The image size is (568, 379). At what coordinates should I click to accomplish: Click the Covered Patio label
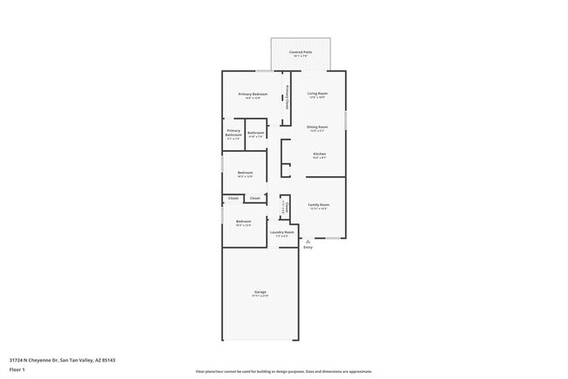coord(301,52)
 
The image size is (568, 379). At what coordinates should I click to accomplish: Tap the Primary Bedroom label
coord(253,93)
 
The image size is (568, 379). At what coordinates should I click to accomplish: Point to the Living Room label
coord(316,93)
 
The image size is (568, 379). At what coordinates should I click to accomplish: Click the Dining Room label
coord(317,127)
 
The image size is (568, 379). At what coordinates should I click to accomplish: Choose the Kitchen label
coord(319,154)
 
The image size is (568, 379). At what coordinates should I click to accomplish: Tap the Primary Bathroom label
coord(233,134)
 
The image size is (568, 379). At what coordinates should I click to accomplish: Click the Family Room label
coord(318,205)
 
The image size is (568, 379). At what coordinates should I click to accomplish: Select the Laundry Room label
coord(281,232)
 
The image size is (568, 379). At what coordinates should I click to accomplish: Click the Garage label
coord(260,292)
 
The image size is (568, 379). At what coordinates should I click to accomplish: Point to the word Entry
coord(308,248)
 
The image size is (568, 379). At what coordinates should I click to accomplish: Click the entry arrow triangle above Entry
coord(308,241)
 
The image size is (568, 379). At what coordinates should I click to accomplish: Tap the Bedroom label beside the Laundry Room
coord(244,221)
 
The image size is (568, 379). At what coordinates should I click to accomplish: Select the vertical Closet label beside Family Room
coord(285,207)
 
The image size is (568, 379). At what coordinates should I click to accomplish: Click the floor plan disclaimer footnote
coord(284,370)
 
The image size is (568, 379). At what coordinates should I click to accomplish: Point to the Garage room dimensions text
coord(260,296)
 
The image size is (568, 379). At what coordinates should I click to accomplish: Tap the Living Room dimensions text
coord(316,98)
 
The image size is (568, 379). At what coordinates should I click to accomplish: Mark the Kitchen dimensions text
coord(319,158)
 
